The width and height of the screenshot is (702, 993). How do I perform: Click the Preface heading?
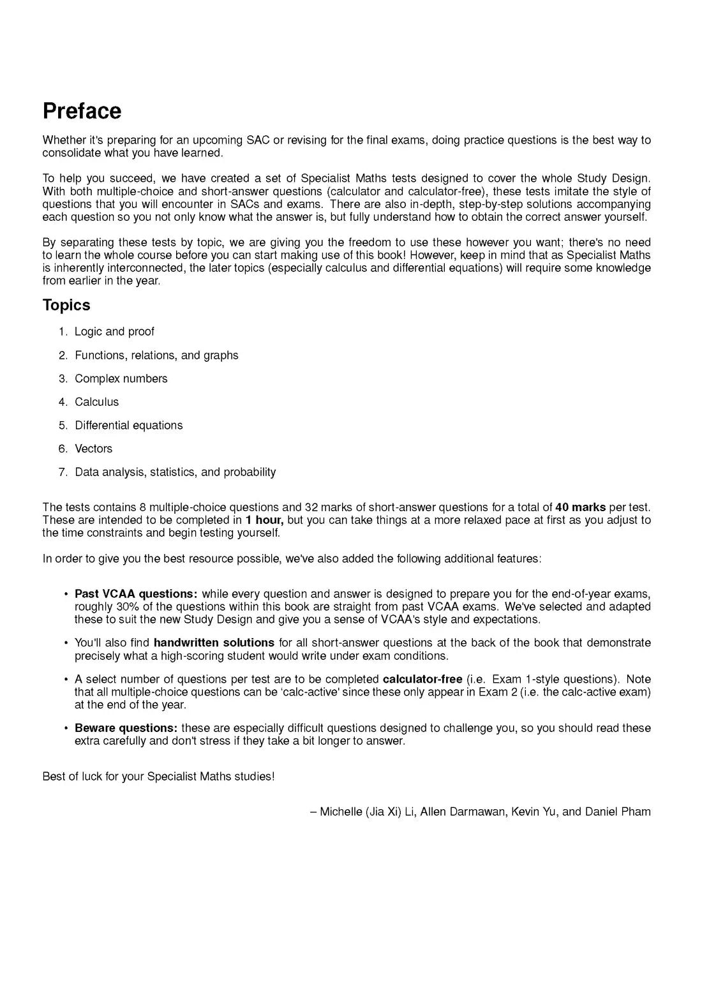click(82, 111)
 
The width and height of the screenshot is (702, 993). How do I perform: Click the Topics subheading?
click(66, 305)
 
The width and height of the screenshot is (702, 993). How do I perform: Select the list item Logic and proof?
click(114, 332)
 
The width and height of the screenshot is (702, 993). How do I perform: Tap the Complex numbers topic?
click(121, 378)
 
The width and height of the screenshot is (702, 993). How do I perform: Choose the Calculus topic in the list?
click(97, 402)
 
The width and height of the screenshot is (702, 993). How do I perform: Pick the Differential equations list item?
click(129, 426)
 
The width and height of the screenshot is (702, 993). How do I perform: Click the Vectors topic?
click(94, 449)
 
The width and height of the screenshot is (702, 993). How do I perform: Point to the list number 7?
click(63, 472)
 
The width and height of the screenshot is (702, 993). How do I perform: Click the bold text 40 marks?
click(580, 507)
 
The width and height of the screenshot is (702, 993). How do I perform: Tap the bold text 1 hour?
click(264, 520)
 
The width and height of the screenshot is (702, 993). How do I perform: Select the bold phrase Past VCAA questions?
click(136, 594)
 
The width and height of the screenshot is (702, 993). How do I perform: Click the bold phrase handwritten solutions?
click(214, 643)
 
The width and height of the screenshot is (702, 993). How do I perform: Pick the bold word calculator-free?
click(422, 679)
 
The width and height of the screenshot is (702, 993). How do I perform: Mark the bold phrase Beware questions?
click(126, 728)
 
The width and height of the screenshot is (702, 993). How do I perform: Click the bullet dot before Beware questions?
click(66, 728)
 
